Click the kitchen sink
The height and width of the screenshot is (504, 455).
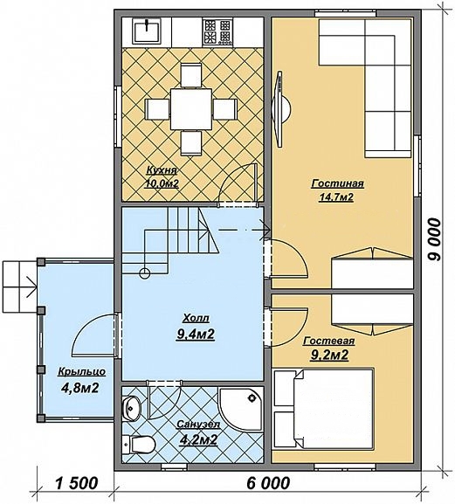pos(147,31)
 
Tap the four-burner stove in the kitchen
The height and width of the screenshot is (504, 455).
pos(217,31)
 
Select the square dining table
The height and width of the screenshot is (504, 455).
pos(191,109)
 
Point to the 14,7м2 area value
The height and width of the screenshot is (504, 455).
pos(335,197)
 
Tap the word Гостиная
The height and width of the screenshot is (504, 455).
pos(337,183)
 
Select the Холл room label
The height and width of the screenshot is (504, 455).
pos(196,318)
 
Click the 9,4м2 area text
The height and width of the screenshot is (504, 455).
pos(195,335)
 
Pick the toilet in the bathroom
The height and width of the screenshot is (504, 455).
pos(139,444)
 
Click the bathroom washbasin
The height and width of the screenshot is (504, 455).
pos(131,408)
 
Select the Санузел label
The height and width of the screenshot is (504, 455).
pos(198,425)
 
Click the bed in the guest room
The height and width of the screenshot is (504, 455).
pos(324,409)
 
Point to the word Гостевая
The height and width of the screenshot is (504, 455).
pos(329,341)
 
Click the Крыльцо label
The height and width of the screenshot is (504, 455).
pos(81,371)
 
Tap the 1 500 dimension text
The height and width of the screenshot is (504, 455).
pos(77,483)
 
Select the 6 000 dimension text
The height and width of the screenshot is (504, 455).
pos(268,483)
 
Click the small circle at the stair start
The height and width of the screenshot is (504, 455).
pos(145,273)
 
